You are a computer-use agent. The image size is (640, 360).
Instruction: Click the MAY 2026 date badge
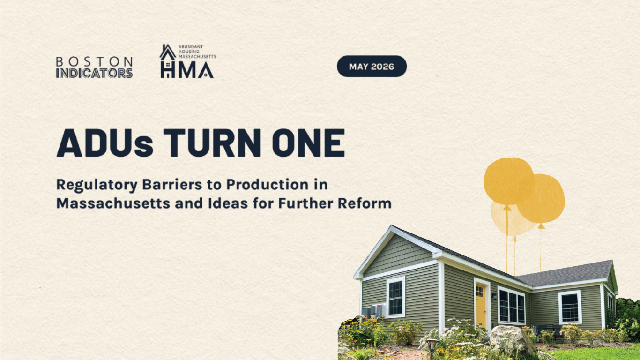pyautogui.click(x=372, y=67)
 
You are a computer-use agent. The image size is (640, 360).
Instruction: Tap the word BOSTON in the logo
pyautogui.click(x=94, y=61)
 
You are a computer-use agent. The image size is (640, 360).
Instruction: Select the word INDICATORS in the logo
pyautogui.click(x=94, y=73)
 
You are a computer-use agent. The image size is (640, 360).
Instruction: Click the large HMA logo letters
pyautogui.click(x=187, y=70)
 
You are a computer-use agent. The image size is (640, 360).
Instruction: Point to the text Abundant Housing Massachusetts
pyautogui.click(x=197, y=52)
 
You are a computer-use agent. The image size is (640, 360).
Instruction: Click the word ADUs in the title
pyautogui.click(x=105, y=142)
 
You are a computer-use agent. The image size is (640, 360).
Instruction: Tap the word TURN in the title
pyautogui.click(x=212, y=142)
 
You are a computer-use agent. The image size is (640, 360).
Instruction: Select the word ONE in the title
pyautogui.click(x=308, y=142)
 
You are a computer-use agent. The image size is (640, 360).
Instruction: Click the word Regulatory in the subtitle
pyautogui.click(x=97, y=185)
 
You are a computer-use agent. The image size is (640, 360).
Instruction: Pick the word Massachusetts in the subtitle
pyautogui.click(x=113, y=203)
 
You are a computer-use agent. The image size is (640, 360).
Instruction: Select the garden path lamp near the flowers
pyautogui.click(x=432, y=347)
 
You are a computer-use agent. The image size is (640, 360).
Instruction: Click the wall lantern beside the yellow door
pyautogui.click(x=494, y=296)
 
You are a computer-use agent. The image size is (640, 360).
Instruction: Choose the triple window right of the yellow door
pyautogui.click(x=512, y=305)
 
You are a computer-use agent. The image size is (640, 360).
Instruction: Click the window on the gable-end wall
pyautogui.click(x=396, y=297)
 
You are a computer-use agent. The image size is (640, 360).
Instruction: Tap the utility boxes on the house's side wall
pyautogui.click(x=374, y=311)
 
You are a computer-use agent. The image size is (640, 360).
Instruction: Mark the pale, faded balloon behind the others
pyautogui.click(x=512, y=219)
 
